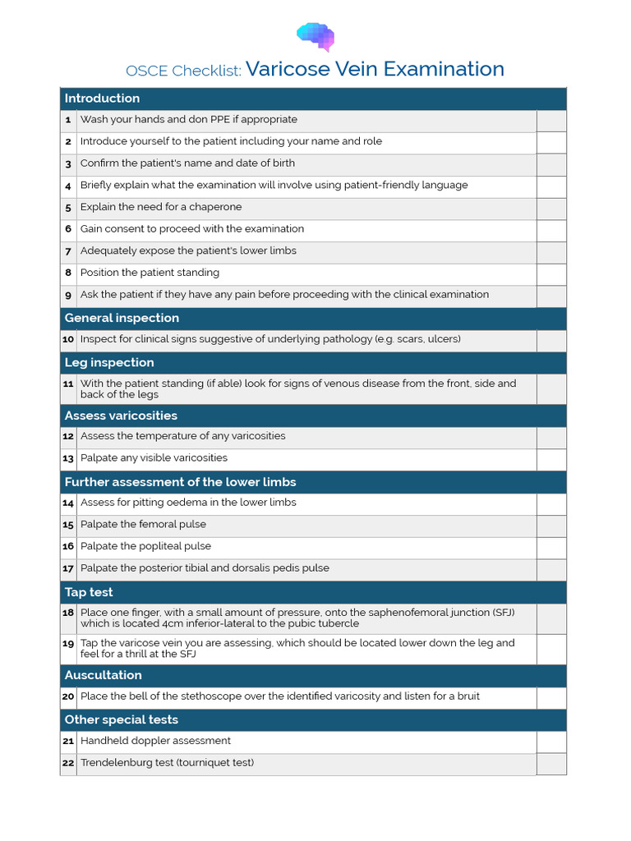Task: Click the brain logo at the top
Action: click(315, 36)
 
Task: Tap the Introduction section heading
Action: click(102, 99)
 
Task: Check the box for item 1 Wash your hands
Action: click(551, 121)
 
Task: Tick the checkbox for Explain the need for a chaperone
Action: click(551, 209)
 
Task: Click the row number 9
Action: click(68, 296)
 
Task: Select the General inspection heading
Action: click(122, 319)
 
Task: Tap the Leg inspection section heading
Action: click(109, 363)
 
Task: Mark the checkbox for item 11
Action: click(551, 389)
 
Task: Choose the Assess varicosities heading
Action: click(121, 416)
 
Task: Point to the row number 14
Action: click(68, 503)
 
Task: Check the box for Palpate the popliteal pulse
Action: click(551, 548)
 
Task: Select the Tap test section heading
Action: click(89, 592)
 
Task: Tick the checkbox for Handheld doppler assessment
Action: click(551, 742)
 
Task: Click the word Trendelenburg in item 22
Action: click(117, 763)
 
